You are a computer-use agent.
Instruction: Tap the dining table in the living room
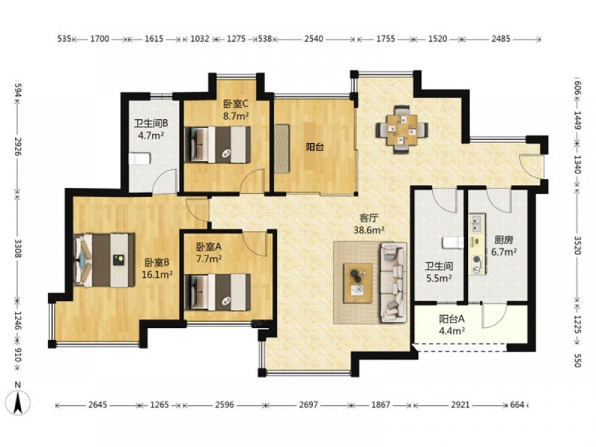(x=402, y=129)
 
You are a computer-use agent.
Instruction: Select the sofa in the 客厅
(x=393, y=283)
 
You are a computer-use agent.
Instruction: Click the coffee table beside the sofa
(x=357, y=283)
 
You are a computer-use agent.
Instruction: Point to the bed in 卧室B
(x=104, y=260)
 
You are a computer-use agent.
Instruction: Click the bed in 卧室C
(x=217, y=145)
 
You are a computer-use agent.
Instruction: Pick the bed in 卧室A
(x=217, y=292)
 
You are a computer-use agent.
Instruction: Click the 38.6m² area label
(x=369, y=230)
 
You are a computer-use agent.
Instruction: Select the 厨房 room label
(x=504, y=240)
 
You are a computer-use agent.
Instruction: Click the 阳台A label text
(x=452, y=318)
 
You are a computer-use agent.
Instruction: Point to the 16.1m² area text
(x=157, y=274)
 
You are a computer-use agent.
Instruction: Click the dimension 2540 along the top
(x=314, y=39)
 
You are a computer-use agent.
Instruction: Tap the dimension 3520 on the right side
(x=577, y=246)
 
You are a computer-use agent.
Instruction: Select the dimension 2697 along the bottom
(x=308, y=405)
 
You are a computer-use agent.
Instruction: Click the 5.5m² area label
(x=439, y=278)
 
